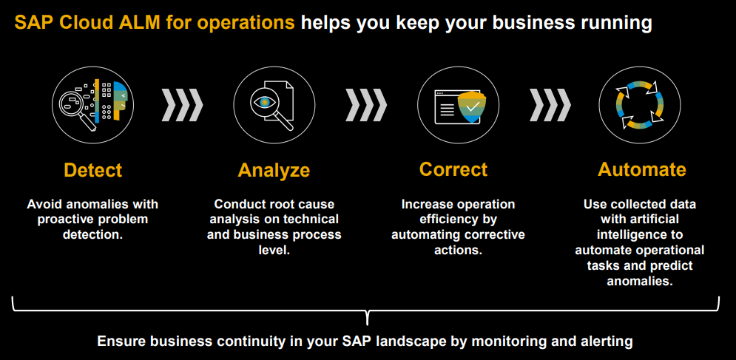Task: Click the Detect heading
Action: (92, 170)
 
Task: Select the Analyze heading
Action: (274, 171)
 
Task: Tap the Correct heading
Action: (453, 170)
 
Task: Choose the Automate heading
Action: (641, 170)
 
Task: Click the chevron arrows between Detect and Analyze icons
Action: (183, 104)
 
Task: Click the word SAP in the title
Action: (31, 23)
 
